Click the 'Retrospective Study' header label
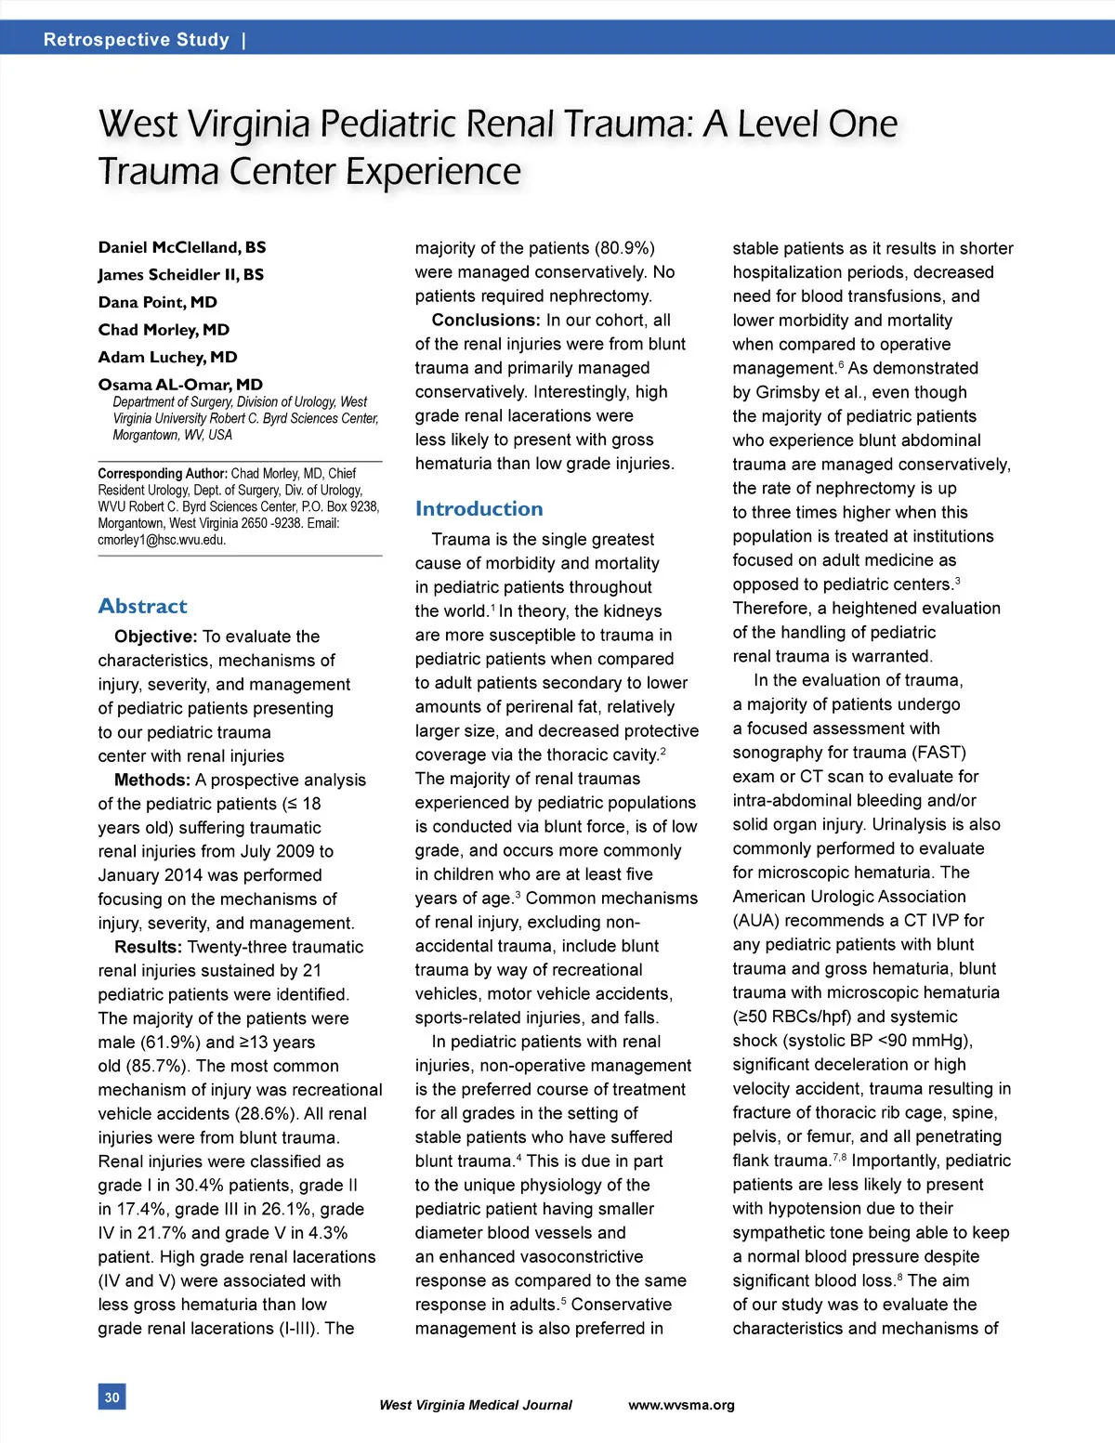click(x=136, y=40)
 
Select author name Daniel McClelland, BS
click(x=182, y=247)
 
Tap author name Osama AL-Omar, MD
click(x=180, y=384)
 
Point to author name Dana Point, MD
click(x=157, y=302)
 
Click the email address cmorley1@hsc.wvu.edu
click(x=162, y=540)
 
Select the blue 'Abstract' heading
click(x=142, y=606)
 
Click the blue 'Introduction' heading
click(x=479, y=508)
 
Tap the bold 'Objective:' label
click(x=155, y=636)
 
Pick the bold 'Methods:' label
click(x=151, y=780)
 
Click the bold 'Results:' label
click(x=148, y=947)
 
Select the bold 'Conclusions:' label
click(x=485, y=320)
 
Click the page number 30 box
click(x=111, y=1397)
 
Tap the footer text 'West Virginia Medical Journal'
click(x=475, y=1405)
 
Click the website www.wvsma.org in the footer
click(x=681, y=1405)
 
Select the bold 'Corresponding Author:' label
click(x=162, y=473)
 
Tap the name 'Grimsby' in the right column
click(x=788, y=392)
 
